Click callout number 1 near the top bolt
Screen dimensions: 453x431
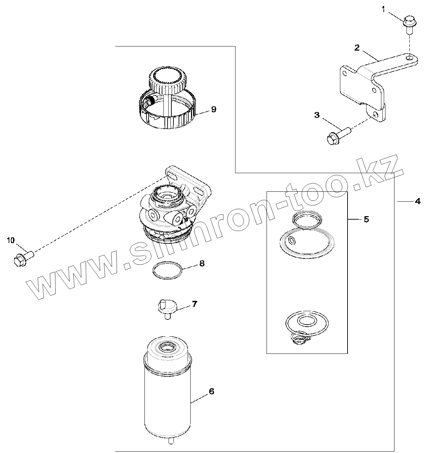tap(383, 10)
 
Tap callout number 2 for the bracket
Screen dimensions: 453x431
tap(357, 48)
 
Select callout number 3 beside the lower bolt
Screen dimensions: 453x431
tap(317, 115)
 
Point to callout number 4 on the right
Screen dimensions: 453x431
tap(418, 201)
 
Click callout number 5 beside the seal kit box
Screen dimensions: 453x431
tap(366, 219)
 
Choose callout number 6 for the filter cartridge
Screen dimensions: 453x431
tap(211, 391)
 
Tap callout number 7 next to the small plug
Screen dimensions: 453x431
tap(194, 304)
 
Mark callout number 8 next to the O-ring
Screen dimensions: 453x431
tap(202, 263)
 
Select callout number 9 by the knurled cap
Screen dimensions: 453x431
tap(213, 109)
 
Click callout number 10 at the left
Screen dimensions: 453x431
tap(11, 240)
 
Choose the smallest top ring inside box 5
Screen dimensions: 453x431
tap(307, 220)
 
